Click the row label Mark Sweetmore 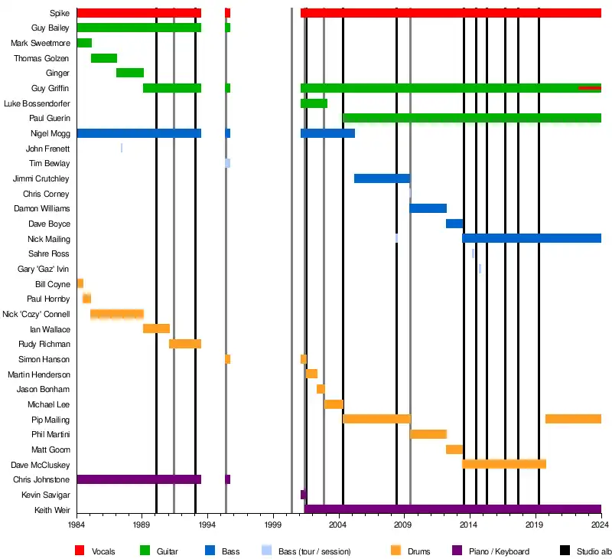click(41, 43)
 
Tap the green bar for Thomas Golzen click(104, 58)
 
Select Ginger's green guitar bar click(130, 73)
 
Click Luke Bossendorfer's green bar click(314, 103)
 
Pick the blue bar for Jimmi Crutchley click(382, 178)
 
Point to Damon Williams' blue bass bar click(428, 208)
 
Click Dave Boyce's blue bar click(454, 224)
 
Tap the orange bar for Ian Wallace click(156, 329)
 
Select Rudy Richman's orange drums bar click(185, 344)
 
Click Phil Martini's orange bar click(428, 434)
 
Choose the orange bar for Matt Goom click(454, 449)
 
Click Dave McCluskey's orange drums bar click(504, 464)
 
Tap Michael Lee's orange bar click(334, 404)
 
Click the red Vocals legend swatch click(80, 551)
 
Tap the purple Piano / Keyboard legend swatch click(457, 551)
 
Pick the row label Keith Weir click(52, 510)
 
